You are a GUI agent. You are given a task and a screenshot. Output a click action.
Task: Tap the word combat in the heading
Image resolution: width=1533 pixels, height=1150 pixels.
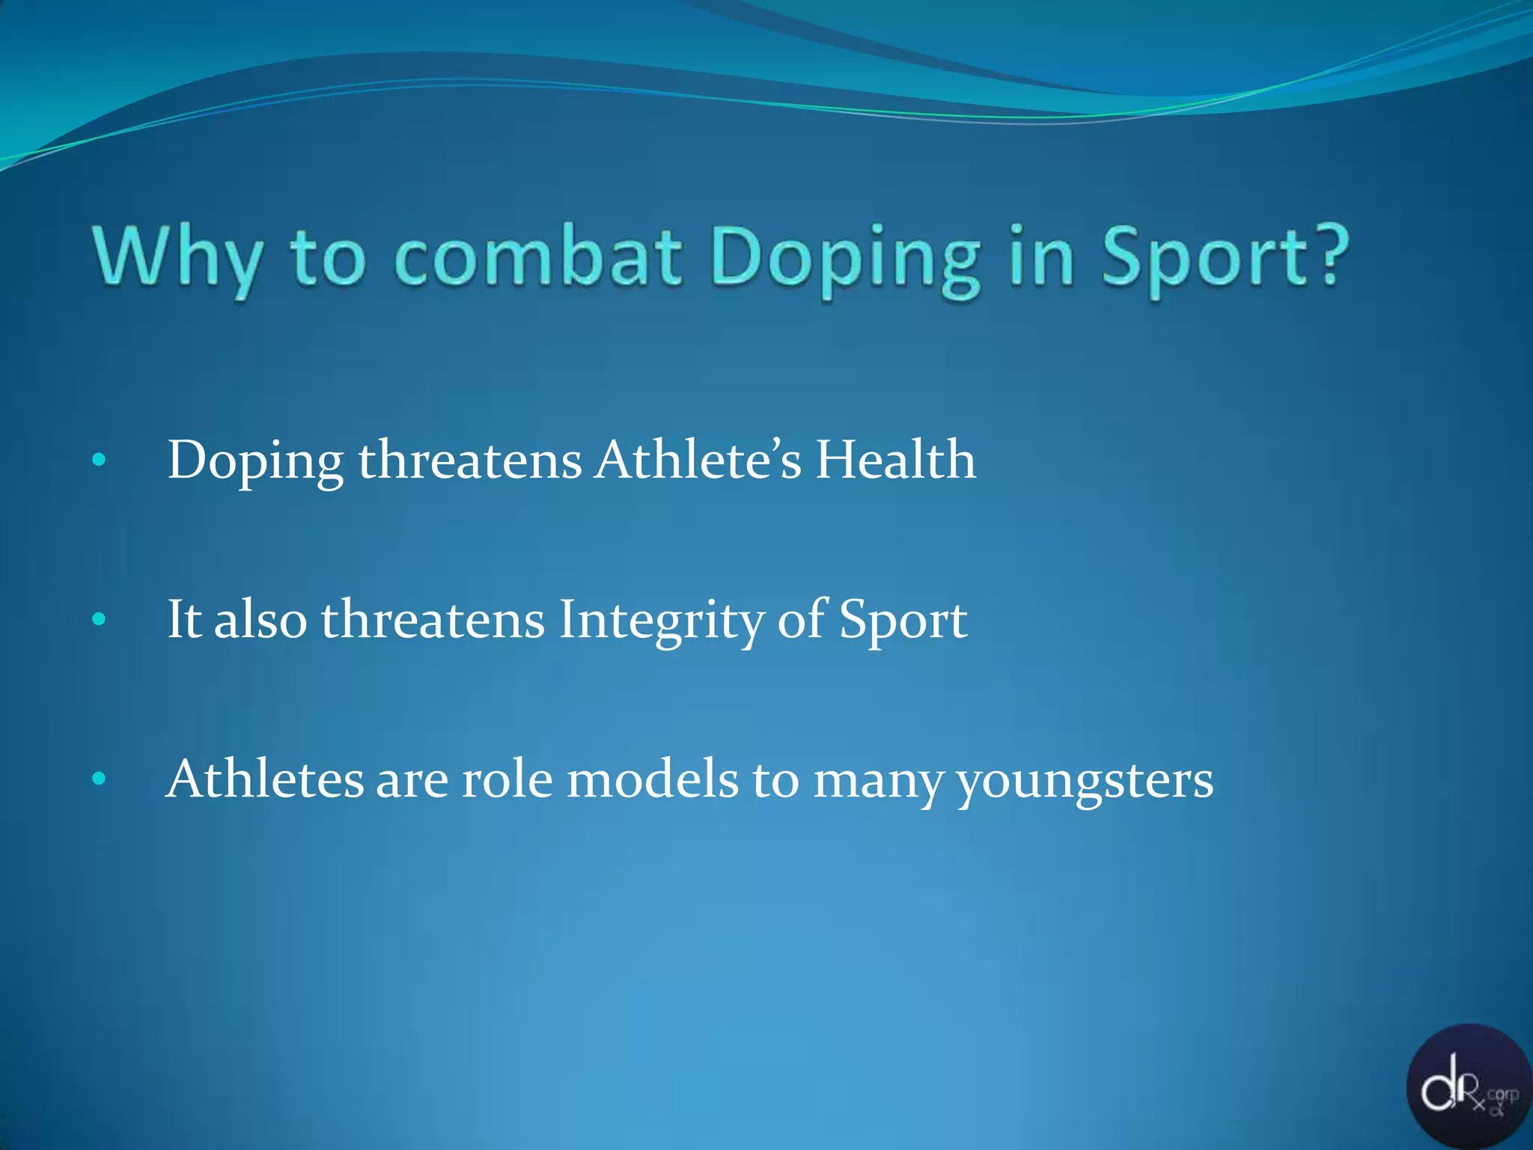point(537,257)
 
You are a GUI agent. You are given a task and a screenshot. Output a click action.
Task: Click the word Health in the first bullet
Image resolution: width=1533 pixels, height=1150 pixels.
point(895,459)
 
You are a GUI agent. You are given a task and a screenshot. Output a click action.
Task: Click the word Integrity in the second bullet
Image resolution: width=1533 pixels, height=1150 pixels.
point(661,620)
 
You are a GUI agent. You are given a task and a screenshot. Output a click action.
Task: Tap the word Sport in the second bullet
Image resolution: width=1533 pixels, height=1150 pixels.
point(903,620)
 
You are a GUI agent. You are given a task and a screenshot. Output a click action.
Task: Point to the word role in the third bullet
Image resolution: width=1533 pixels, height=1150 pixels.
point(507,779)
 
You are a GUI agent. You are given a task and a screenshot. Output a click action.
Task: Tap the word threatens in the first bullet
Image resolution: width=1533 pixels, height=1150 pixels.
point(469,459)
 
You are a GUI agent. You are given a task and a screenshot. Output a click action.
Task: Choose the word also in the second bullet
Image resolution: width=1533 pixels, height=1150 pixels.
point(260,620)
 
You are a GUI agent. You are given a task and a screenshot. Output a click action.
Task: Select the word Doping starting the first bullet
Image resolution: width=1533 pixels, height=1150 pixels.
point(255,460)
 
